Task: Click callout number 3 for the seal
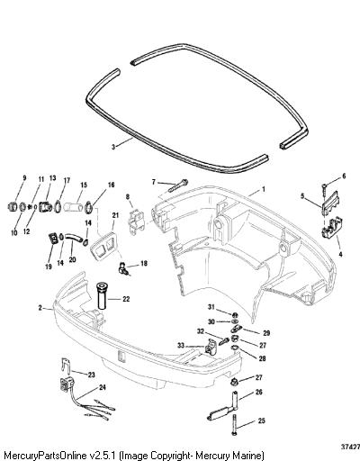pos(113,147)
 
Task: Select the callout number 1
pos(264,189)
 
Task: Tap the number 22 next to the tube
pos(126,299)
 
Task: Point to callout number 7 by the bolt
pos(154,182)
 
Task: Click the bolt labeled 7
pos(176,185)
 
